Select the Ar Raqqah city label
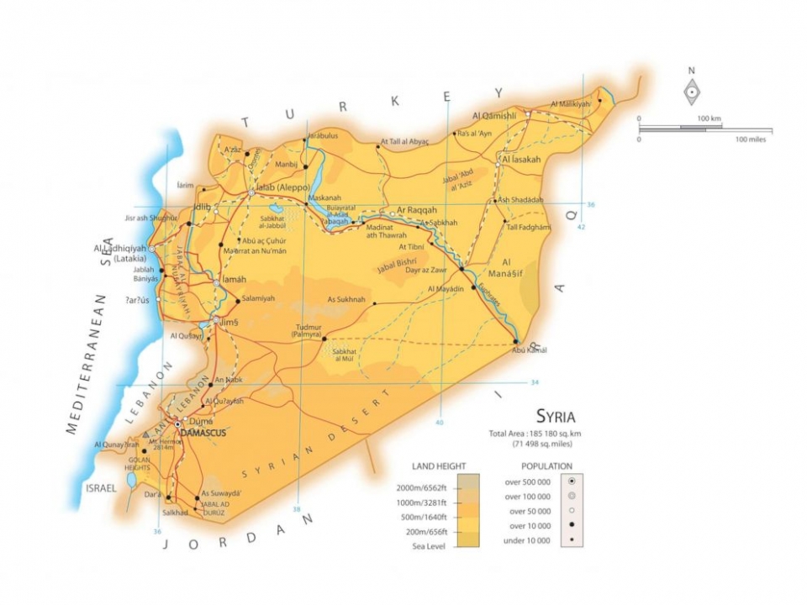(417, 209)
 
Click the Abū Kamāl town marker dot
(515, 341)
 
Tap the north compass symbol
(691, 92)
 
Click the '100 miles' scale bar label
(753, 139)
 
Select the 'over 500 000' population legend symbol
(572, 481)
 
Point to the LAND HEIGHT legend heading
(438, 466)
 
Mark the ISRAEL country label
(100, 487)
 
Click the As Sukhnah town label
(346, 299)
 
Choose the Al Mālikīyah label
(571, 103)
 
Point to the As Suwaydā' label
(221, 493)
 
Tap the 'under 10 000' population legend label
(525, 541)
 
